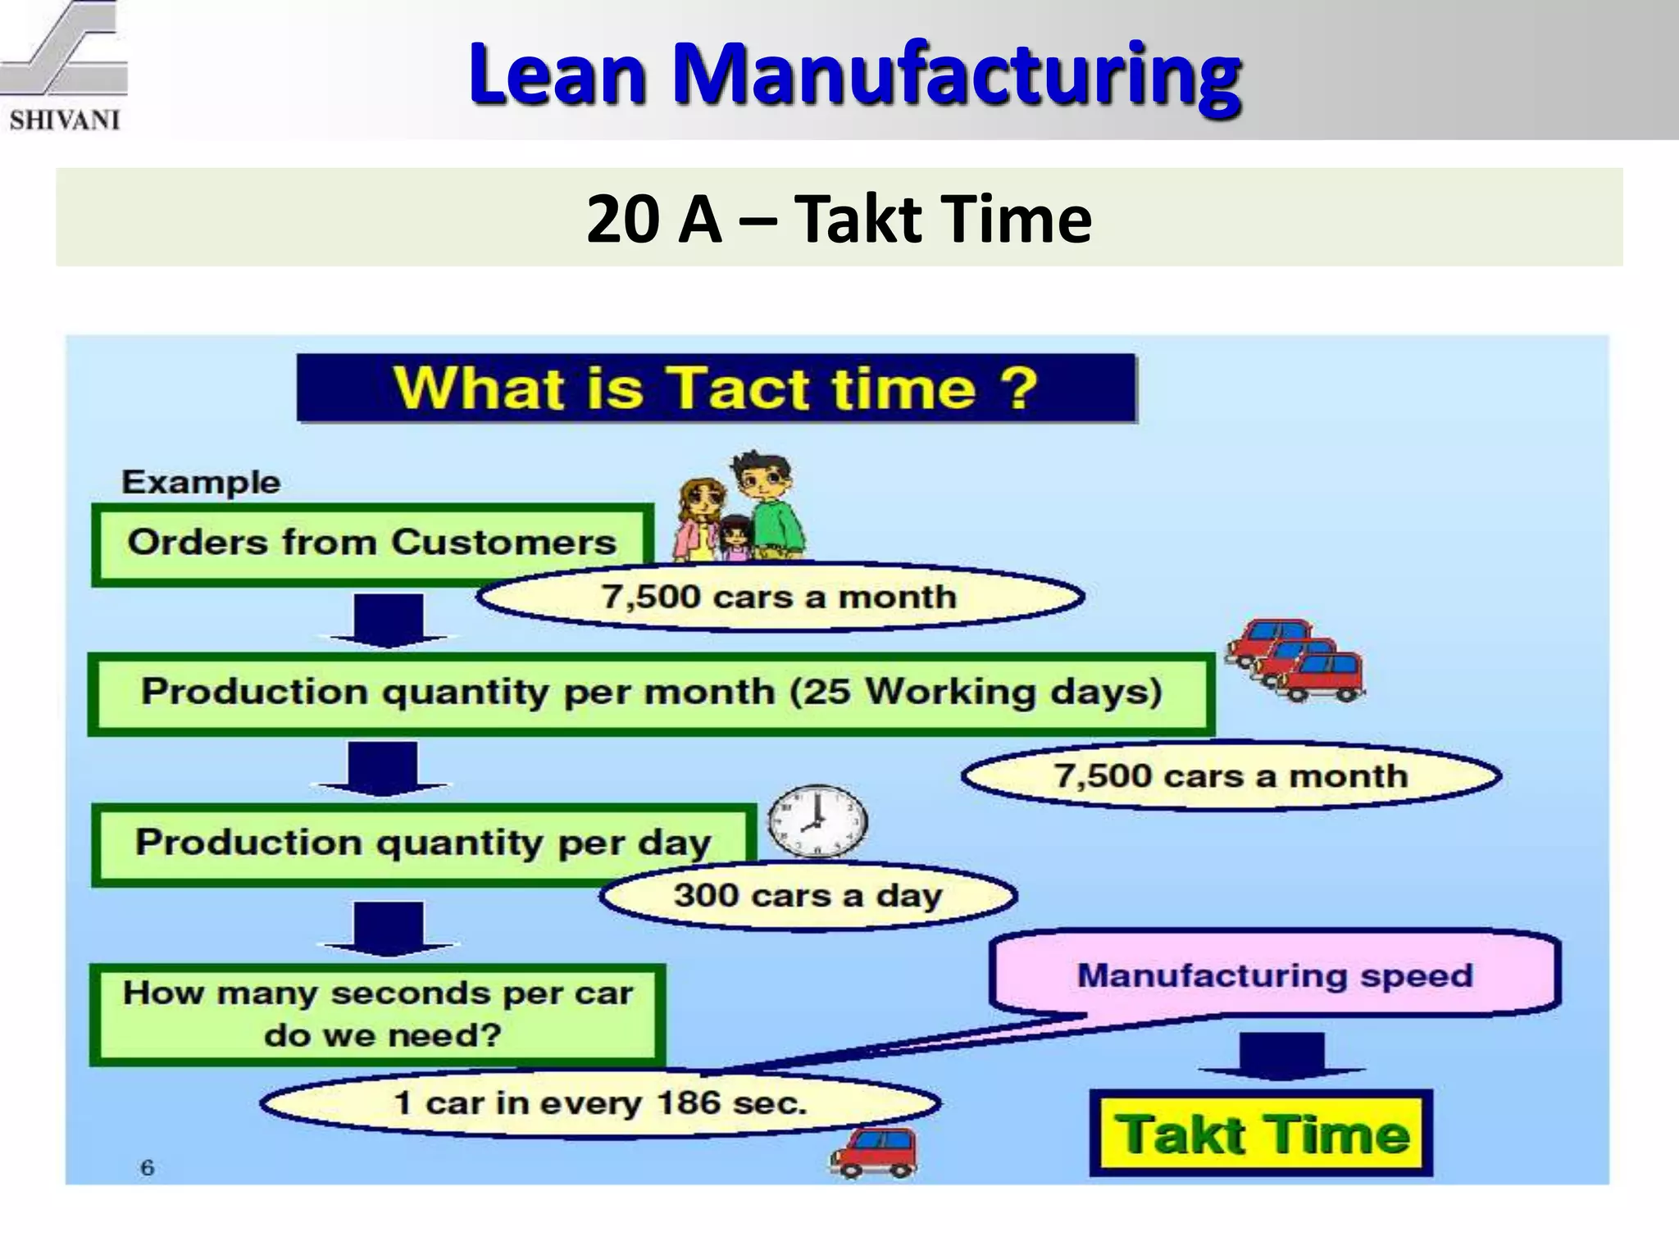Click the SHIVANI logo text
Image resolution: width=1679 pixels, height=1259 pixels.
65,120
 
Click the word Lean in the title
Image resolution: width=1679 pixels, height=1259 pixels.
557,75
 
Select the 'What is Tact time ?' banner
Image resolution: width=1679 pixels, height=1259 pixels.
716,388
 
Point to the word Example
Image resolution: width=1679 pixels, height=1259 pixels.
201,482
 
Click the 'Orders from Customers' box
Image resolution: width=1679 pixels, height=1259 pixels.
371,543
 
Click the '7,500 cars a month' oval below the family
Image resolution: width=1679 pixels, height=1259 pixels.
780,597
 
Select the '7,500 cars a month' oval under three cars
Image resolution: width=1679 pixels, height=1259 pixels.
1231,775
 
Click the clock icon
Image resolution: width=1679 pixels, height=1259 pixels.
817,820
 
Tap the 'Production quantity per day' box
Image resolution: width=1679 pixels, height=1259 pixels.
423,843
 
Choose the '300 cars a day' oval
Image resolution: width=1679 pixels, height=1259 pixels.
808,895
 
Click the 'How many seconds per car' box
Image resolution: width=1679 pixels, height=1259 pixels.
378,1014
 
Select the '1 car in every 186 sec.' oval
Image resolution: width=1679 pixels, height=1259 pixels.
600,1102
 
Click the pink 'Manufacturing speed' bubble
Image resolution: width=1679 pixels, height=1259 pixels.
1275,975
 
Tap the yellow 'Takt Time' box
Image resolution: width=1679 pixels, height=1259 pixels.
1261,1134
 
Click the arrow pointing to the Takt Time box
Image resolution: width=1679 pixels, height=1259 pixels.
1281,1055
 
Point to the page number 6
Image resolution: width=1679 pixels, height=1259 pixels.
148,1167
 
